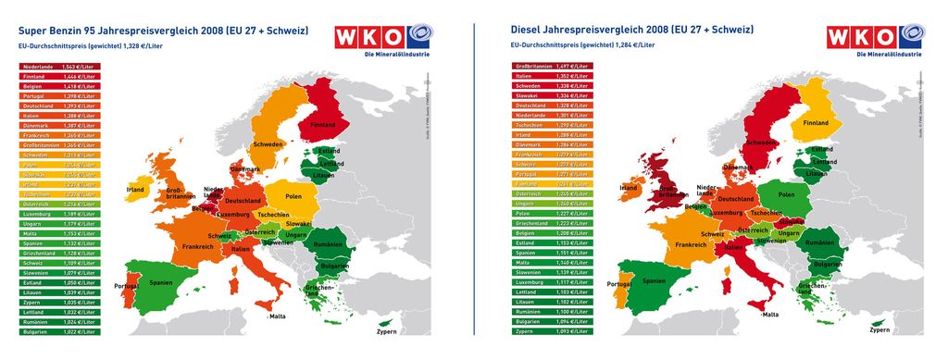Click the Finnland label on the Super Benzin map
point(322,124)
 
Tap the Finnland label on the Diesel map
point(816,122)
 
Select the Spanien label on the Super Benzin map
point(162,281)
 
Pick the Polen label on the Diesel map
point(786,195)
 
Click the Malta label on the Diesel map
point(770,315)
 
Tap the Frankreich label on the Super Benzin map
point(198,247)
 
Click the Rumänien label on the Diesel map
point(819,242)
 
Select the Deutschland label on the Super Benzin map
point(243,201)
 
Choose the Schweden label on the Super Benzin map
point(268,145)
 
